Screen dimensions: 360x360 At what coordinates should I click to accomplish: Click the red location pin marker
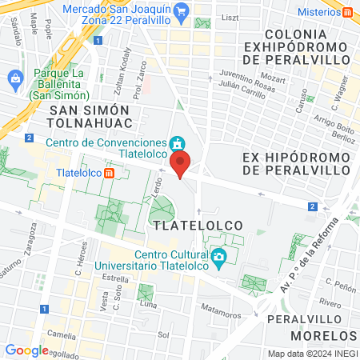(x=181, y=163)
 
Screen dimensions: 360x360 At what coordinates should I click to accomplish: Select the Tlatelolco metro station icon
(x=120, y=172)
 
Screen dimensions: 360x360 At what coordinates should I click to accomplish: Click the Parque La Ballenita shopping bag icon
(x=15, y=78)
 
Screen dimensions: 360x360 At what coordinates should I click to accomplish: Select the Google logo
(x=26, y=350)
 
